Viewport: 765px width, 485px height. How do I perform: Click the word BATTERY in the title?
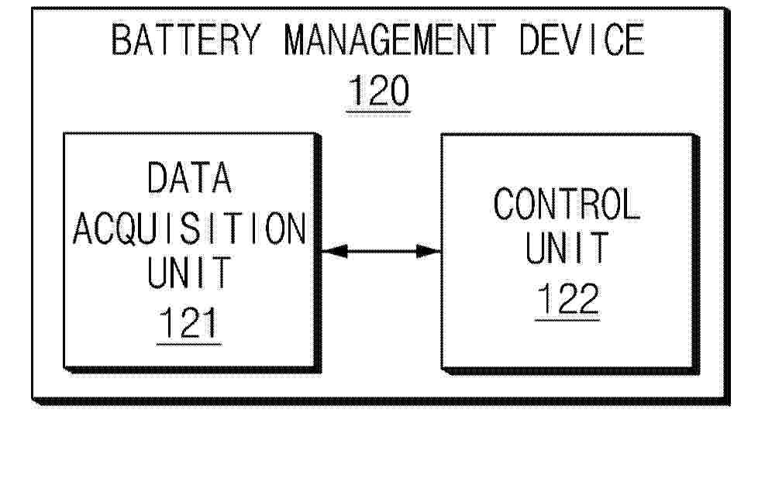(x=186, y=40)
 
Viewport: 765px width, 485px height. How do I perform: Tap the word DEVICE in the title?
(x=581, y=40)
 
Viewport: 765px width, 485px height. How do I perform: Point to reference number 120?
(x=378, y=91)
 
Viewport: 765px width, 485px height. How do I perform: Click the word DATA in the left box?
(x=189, y=177)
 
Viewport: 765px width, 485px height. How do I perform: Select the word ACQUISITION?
(x=189, y=229)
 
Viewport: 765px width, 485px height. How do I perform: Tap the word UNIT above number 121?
(x=189, y=272)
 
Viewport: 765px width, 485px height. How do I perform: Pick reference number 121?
(x=188, y=322)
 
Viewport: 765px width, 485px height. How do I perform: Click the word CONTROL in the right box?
(x=567, y=204)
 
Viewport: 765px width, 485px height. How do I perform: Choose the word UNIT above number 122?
(x=567, y=248)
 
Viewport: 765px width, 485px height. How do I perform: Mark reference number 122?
(x=567, y=298)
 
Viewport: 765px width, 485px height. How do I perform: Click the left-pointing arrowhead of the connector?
(x=334, y=251)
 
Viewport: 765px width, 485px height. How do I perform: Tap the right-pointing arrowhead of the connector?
(x=429, y=251)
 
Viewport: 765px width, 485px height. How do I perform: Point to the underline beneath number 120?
(x=378, y=112)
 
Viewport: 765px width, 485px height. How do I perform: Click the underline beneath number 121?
(x=189, y=344)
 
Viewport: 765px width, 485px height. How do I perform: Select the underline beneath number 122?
(x=567, y=320)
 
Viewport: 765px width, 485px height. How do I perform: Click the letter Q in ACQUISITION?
(x=129, y=229)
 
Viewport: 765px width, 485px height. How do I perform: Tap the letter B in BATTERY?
(x=121, y=40)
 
